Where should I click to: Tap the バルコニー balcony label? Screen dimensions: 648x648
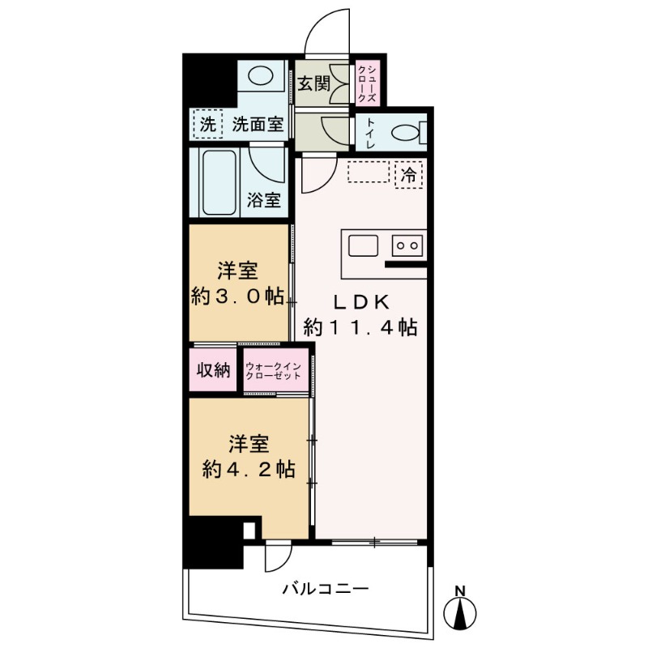[x=325, y=588]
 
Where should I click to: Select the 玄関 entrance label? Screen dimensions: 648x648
[x=313, y=83]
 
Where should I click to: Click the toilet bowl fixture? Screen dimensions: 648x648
[x=404, y=132]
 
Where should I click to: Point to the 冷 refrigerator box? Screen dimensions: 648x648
[x=410, y=173]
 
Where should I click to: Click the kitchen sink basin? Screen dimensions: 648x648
[x=360, y=244]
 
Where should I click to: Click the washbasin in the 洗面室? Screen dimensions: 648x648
[x=260, y=77]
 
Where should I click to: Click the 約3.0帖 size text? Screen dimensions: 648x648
[x=237, y=297]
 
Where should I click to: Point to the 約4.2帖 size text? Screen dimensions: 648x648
[x=248, y=469]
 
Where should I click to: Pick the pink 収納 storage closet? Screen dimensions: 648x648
[x=214, y=370]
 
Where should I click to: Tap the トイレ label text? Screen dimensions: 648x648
[x=370, y=132]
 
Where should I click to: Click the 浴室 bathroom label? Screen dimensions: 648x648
[x=264, y=200]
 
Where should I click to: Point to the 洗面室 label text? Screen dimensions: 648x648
[x=257, y=125]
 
